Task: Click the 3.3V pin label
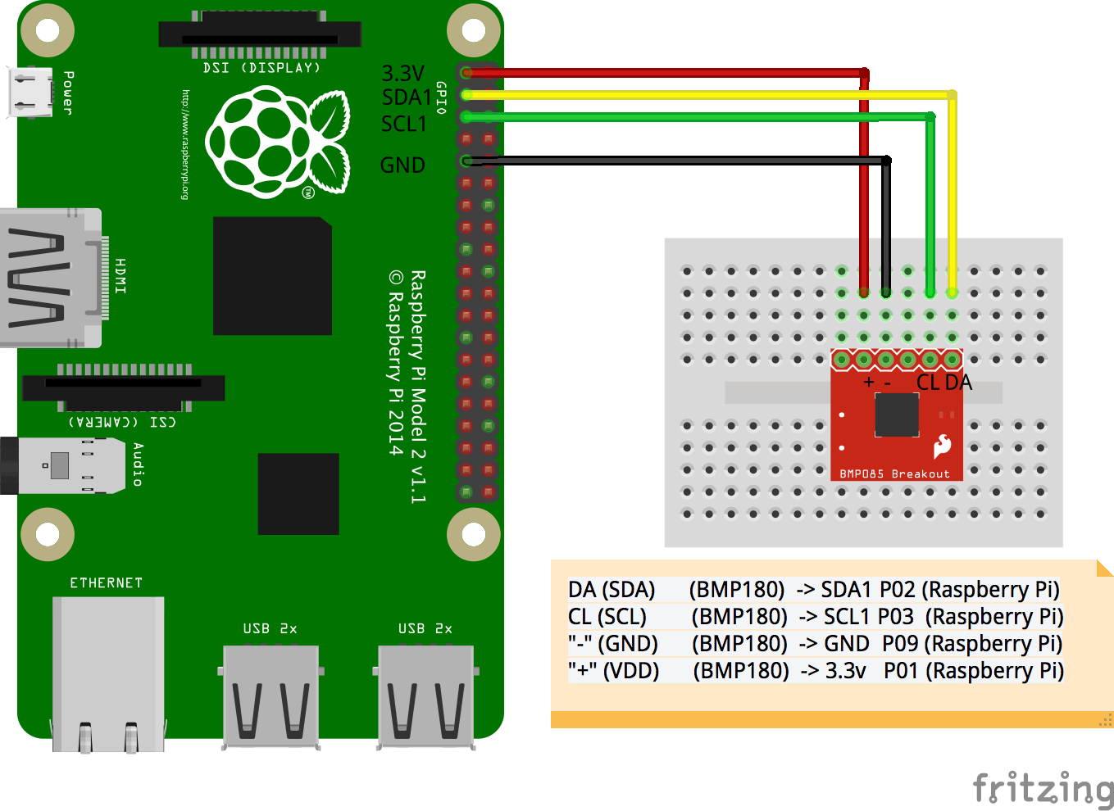[x=402, y=74]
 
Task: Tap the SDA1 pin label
[x=407, y=97]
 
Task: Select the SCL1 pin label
[x=404, y=124]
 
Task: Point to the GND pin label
[x=402, y=165]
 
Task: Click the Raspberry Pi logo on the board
[x=277, y=143]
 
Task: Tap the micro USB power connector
[x=31, y=92]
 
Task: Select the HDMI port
[x=49, y=278]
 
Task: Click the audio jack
[x=57, y=465]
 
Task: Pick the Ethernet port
[x=108, y=672]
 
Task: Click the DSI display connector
[x=259, y=35]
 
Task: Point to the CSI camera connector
[x=123, y=387]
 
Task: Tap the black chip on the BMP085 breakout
[x=896, y=415]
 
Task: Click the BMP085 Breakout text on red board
[x=894, y=474]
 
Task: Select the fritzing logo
[x=1042, y=788]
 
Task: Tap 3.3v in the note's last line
[x=845, y=671]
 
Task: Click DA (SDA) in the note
[x=612, y=590]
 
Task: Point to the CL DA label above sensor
[x=943, y=383]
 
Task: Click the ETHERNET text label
[x=106, y=583]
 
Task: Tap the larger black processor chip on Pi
[x=272, y=276]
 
